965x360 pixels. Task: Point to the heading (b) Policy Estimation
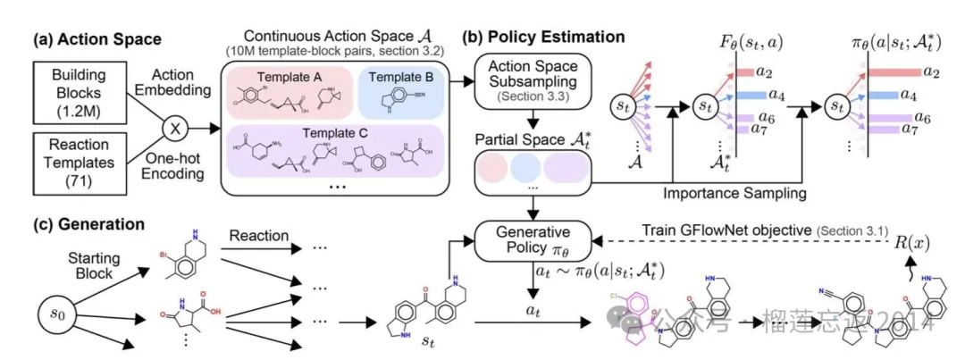(x=543, y=38)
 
